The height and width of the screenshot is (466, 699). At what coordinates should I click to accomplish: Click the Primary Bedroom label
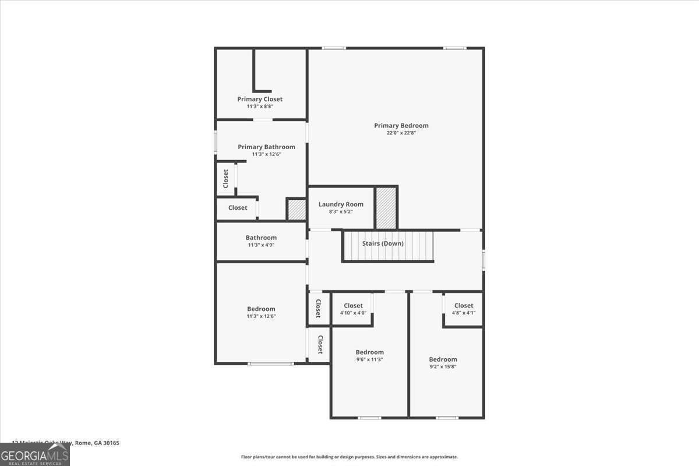pos(401,125)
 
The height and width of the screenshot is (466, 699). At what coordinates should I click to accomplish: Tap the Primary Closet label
pos(260,99)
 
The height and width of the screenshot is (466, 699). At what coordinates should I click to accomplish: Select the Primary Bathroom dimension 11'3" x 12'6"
pos(267,154)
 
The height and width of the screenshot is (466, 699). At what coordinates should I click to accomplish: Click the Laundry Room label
pos(341,204)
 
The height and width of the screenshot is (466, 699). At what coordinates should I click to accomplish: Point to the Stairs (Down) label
pos(383,243)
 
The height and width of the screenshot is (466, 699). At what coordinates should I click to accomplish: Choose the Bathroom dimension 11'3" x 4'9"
pos(261,245)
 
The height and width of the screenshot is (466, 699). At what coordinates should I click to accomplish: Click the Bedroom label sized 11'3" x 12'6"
pos(261,309)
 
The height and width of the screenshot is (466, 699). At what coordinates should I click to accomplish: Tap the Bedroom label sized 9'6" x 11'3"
pos(370,352)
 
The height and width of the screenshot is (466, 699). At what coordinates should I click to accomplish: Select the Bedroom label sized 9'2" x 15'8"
pos(443,359)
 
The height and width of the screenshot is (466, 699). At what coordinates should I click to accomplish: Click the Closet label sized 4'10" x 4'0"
pos(353,306)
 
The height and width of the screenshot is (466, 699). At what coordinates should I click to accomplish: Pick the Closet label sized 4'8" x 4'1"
pos(464,305)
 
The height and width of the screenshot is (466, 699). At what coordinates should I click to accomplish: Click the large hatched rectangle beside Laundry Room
pos(386,208)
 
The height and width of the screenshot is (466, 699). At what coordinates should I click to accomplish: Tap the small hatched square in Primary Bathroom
pos(296,210)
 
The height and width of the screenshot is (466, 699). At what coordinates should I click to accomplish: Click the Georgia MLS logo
pos(34,454)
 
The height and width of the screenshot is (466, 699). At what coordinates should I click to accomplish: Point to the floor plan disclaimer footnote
pos(349,457)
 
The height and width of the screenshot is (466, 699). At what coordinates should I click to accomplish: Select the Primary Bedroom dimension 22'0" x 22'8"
pos(401,133)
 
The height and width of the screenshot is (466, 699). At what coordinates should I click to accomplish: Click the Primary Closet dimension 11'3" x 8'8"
pos(260,107)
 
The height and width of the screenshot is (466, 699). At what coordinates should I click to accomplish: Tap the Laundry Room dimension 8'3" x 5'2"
pos(341,211)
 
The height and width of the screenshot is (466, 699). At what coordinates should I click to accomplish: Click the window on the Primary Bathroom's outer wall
pos(216,142)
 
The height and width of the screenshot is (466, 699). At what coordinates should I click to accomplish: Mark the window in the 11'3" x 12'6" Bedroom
pos(271,364)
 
